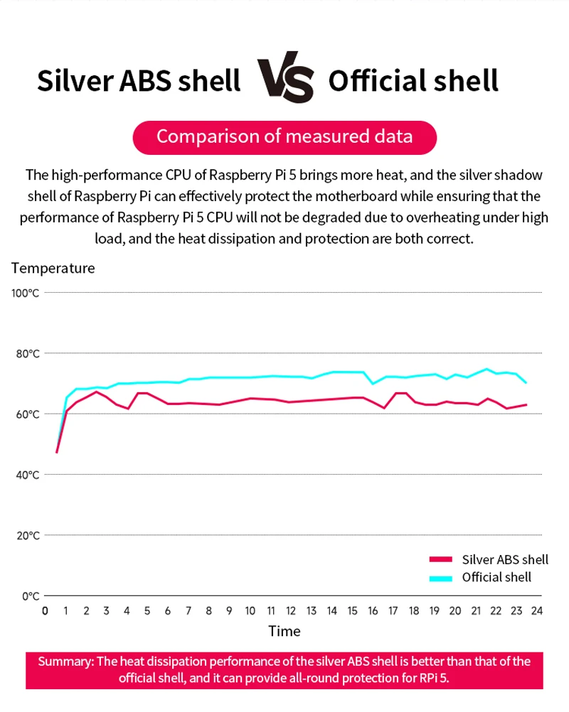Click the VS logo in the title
(x=284, y=80)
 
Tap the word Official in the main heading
(x=375, y=81)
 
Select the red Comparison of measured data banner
(x=284, y=136)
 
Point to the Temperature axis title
(x=53, y=268)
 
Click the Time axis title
(x=284, y=631)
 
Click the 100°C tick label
(x=26, y=293)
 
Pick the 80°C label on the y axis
(x=26, y=353)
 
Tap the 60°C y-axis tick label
(x=26, y=414)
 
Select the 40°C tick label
(x=26, y=474)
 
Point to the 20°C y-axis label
(x=26, y=535)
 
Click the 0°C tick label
(x=28, y=595)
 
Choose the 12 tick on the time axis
(x=291, y=610)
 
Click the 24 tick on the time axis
(x=537, y=610)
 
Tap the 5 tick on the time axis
(x=147, y=610)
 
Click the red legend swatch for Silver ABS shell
(x=441, y=561)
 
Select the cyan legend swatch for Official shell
(x=441, y=578)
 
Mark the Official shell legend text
(x=496, y=578)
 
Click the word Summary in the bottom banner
(x=65, y=662)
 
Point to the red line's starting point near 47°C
(x=57, y=452)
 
